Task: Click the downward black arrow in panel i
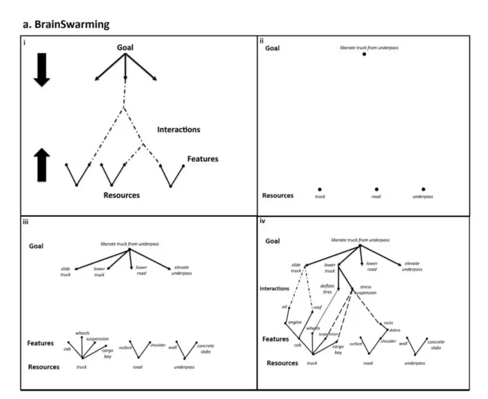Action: [42, 73]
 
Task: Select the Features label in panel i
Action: [202, 159]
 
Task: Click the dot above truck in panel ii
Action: [319, 189]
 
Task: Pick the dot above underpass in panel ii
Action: [423, 189]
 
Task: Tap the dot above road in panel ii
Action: [376, 189]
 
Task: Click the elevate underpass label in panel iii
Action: [181, 271]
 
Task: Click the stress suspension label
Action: [365, 290]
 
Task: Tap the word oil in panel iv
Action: [284, 306]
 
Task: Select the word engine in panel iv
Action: [293, 322]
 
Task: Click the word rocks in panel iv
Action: [388, 323]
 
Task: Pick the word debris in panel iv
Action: [395, 330]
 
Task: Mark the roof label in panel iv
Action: [317, 307]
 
